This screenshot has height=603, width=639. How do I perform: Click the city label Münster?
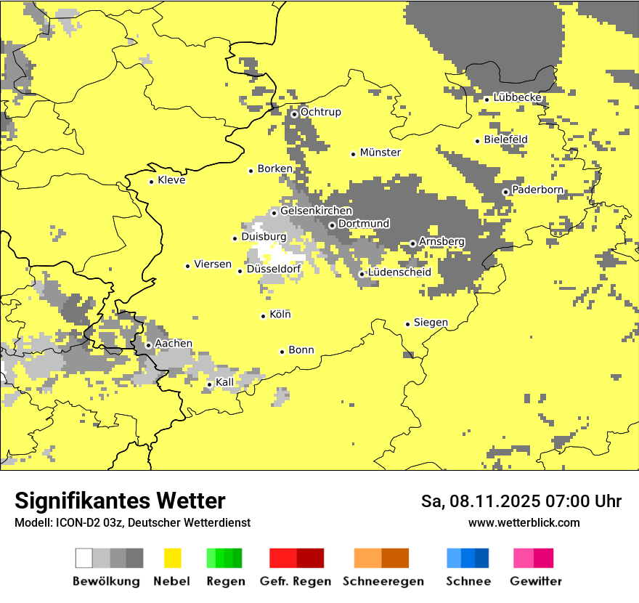click(380, 153)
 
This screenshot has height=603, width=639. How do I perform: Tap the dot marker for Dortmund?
click(332, 225)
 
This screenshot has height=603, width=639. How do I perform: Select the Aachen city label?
click(174, 344)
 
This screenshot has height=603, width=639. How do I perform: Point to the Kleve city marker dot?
click(151, 182)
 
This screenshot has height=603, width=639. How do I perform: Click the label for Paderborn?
click(537, 190)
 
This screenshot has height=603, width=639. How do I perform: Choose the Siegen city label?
click(431, 323)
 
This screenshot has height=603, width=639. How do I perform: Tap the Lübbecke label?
click(517, 97)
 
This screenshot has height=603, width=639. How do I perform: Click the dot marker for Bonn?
click(282, 352)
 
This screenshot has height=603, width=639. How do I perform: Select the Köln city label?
click(280, 315)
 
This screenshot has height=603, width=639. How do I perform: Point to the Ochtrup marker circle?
click(294, 114)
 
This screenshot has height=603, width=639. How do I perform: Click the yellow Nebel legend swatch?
click(173, 558)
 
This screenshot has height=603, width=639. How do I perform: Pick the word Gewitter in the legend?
click(536, 581)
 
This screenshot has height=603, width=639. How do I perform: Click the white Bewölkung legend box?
click(84, 558)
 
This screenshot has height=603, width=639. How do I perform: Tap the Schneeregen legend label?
click(383, 581)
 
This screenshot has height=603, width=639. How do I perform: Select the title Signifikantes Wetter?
click(120, 501)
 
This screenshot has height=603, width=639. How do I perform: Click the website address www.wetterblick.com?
click(524, 522)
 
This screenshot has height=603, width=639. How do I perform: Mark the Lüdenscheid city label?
click(399, 272)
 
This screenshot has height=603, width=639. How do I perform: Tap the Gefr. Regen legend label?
click(296, 581)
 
